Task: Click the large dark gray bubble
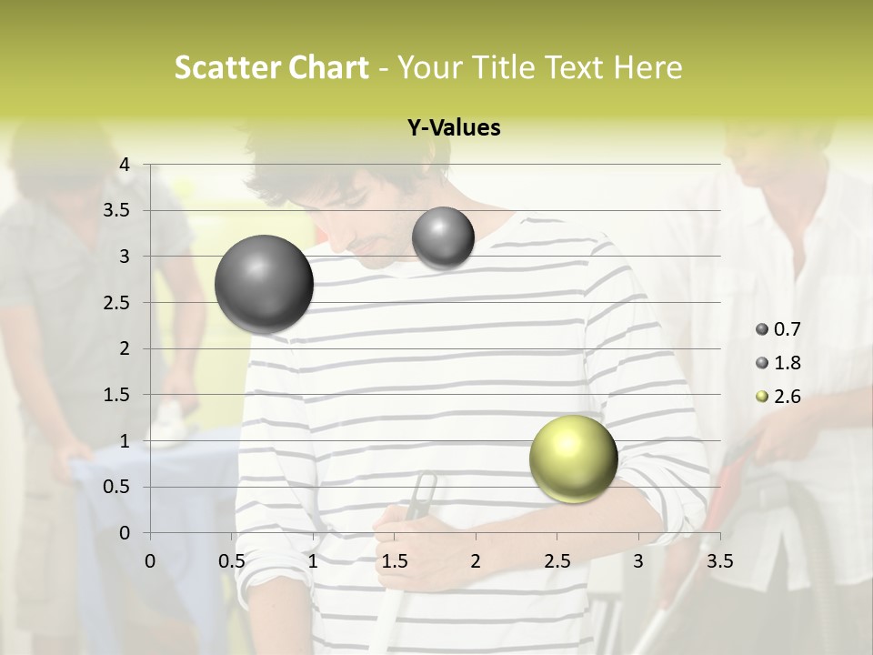[264, 284]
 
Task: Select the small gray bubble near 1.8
[443, 238]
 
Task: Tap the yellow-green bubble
[573, 459]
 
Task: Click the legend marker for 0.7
[762, 329]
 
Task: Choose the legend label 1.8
[787, 363]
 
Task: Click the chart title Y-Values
[454, 128]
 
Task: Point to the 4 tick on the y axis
[125, 165]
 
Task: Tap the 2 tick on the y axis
[125, 348]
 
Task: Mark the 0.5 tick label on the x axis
[232, 560]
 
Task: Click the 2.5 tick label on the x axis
[557, 560]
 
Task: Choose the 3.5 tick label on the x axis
[719, 560]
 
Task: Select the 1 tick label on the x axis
[313, 560]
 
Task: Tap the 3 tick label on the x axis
[638, 560]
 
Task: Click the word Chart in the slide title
[328, 67]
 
